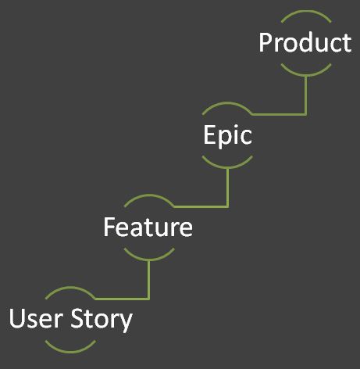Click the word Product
(x=305, y=42)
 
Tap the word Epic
(x=227, y=134)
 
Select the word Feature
(x=148, y=227)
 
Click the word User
(x=36, y=318)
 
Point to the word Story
(x=102, y=320)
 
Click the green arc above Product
(x=306, y=12)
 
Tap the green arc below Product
(x=306, y=75)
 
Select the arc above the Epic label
(x=227, y=103)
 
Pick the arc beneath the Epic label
(x=227, y=167)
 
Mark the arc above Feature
(x=149, y=195)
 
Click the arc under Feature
(x=149, y=260)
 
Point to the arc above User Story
(x=70, y=288)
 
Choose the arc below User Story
(x=70, y=352)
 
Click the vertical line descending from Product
(x=306, y=95)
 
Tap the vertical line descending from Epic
(x=228, y=188)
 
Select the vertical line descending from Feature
(x=148, y=280)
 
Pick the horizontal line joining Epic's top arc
(x=279, y=114)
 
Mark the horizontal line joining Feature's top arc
(x=201, y=206)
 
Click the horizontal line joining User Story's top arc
(x=122, y=299)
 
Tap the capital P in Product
(x=265, y=43)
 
